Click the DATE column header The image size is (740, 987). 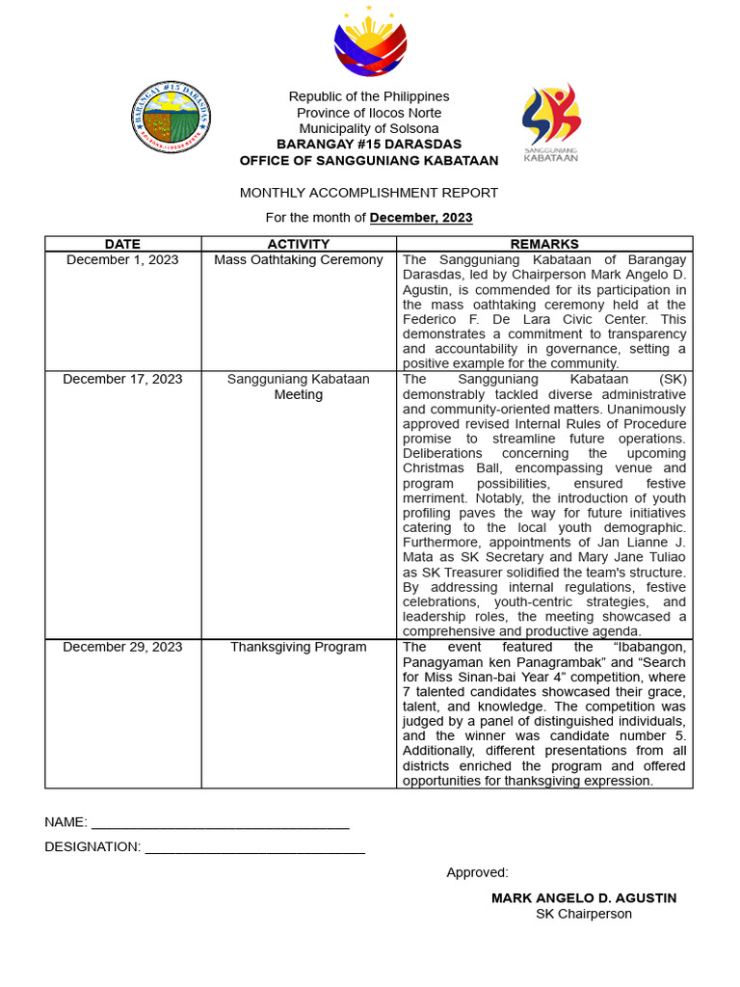point(122,244)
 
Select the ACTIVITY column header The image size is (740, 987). point(299,244)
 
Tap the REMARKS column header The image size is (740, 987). point(544,244)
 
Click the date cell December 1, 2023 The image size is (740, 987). point(122,260)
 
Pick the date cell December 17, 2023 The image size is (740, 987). point(122,380)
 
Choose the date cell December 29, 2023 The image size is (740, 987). point(122,648)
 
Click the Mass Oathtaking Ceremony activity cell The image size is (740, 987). point(299,260)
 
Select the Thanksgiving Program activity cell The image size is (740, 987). point(299,648)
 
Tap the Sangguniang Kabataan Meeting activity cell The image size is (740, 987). point(299,387)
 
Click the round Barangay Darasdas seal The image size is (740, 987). point(172,118)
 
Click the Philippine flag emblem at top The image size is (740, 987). point(370,42)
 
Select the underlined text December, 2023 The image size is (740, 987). point(421,218)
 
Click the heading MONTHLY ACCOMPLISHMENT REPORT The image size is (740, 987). point(369,193)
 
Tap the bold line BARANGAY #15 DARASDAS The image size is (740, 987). point(369,145)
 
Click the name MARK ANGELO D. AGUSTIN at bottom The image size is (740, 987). point(584,898)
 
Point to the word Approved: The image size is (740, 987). point(477,873)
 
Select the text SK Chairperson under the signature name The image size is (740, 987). point(584,915)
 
